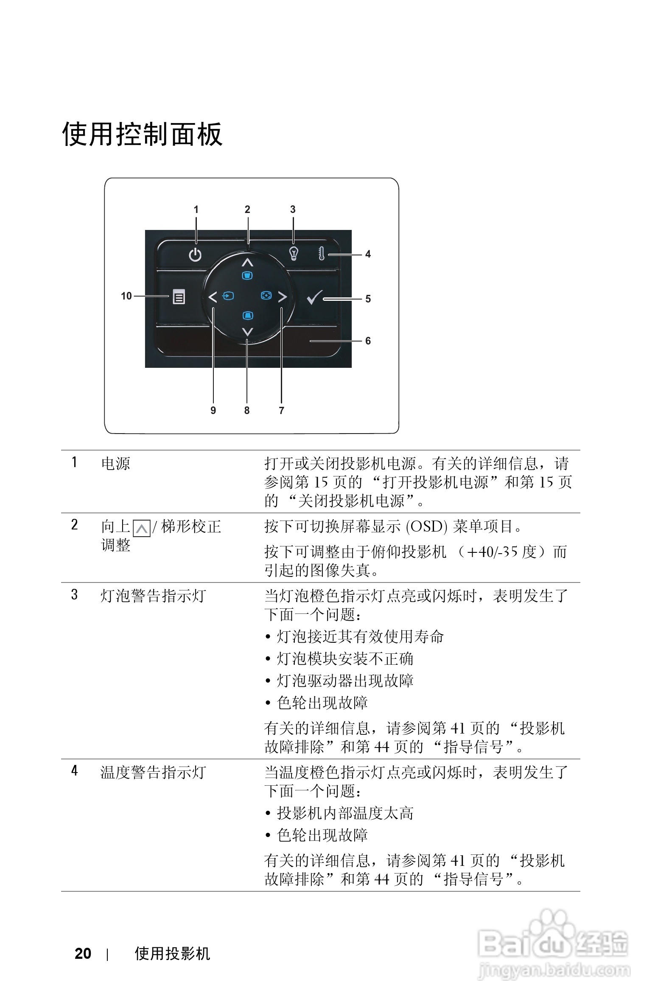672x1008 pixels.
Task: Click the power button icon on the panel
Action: point(195,255)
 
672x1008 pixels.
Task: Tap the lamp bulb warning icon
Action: point(294,253)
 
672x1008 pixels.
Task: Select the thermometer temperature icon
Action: point(321,254)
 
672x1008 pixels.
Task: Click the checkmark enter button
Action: point(314,297)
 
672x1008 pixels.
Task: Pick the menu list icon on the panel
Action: point(179,297)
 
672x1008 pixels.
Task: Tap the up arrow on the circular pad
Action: point(247,262)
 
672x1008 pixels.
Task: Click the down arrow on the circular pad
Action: point(247,332)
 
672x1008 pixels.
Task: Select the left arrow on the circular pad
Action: point(213,297)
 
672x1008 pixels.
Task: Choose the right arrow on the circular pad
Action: point(283,297)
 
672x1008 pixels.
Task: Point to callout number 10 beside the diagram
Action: point(126,296)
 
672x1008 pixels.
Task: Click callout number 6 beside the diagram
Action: point(368,341)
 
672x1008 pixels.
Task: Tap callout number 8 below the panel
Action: point(247,411)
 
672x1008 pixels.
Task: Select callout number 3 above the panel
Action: point(293,210)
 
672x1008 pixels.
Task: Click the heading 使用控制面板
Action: point(142,134)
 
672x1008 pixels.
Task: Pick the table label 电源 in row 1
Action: point(116,464)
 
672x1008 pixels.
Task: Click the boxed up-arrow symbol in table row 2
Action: point(141,528)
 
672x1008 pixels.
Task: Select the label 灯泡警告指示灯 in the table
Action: point(154,596)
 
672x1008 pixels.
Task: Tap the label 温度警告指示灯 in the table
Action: point(154,773)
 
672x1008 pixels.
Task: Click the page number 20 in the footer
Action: point(83,954)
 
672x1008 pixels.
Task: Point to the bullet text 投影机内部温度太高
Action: point(345,813)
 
